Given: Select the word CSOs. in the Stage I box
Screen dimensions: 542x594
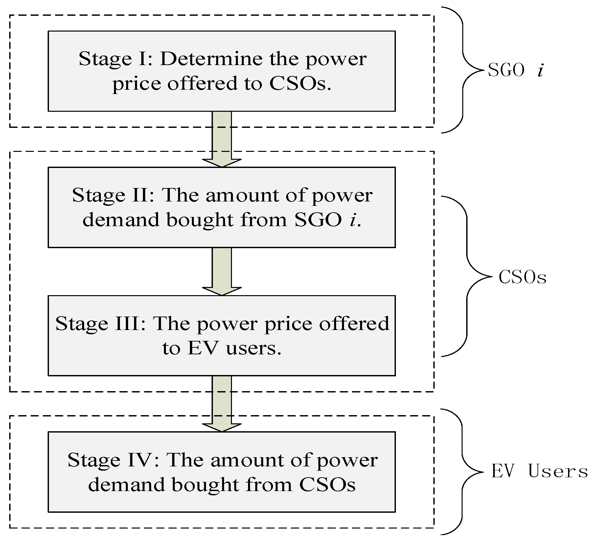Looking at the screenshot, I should point(300,84).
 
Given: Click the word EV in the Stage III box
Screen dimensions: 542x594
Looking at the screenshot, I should point(203,348).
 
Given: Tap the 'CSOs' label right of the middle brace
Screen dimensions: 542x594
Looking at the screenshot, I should point(522,277).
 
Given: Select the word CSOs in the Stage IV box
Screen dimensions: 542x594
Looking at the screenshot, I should point(327,484).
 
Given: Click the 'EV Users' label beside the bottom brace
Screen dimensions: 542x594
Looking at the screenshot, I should point(539,471).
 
